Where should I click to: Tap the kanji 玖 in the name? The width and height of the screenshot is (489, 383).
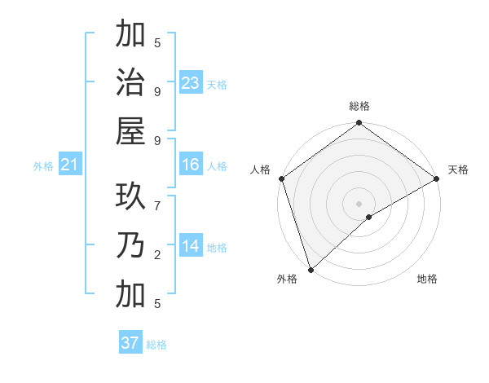[x=130, y=196]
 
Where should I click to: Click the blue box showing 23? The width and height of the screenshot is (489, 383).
[x=191, y=83]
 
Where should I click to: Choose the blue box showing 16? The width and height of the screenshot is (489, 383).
[x=191, y=165]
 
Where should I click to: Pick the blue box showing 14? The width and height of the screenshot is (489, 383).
[x=191, y=246]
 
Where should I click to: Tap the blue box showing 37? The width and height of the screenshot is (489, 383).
[x=130, y=343]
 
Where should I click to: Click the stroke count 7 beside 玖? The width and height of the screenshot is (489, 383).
[x=157, y=196]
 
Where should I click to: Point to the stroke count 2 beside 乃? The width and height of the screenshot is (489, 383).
[x=157, y=255]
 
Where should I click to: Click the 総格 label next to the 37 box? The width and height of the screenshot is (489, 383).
[x=156, y=345]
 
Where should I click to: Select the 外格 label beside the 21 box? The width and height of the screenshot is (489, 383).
[x=43, y=166]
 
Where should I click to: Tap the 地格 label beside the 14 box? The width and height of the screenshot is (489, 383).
[x=217, y=248]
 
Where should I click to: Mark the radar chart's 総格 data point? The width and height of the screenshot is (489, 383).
[x=359, y=124]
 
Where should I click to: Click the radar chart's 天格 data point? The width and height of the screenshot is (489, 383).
[x=436, y=178]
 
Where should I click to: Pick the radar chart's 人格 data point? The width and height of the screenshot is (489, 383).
[x=282, y=178]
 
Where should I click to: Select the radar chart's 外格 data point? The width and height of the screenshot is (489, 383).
[x=311, y=268]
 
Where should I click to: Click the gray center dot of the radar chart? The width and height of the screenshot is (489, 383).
[x=359, y=203]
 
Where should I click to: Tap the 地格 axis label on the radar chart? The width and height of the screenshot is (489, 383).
[x=427, y=279]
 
